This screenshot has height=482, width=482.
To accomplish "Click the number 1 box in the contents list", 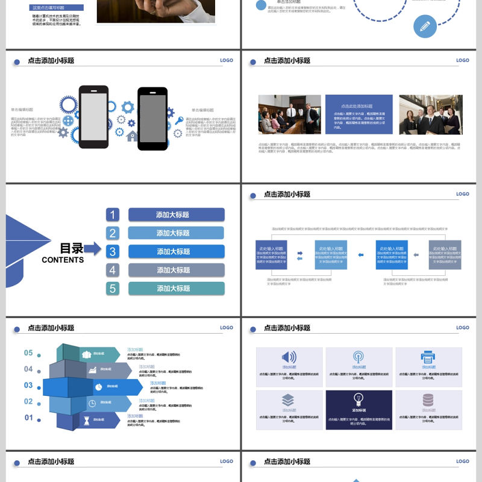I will tap(113, 214).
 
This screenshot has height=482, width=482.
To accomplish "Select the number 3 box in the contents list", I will tap(113, 251).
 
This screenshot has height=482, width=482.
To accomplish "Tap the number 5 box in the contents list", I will tap(113, 288).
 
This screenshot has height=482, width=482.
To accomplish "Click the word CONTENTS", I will tap(63, 260).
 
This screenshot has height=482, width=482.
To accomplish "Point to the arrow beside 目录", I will tap(92, 248).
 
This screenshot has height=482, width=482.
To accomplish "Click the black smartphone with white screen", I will tap(93, 116).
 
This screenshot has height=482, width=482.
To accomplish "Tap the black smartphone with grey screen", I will tap(152, 118).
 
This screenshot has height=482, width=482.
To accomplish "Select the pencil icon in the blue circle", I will tap(425, 26).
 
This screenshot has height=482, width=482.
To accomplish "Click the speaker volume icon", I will tap(289, 357).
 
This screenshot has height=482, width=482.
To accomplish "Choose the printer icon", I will tap(428, 357).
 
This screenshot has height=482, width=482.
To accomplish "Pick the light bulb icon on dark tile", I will tap(358, 399).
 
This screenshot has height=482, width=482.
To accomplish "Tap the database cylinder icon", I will tap(428, 399).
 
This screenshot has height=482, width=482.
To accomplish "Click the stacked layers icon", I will tap(288, 399).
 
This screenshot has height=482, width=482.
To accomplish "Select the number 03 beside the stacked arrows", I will tap(28, 385).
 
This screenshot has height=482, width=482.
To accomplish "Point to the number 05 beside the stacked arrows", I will tap(28, 352).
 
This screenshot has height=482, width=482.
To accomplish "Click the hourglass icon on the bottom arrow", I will tap(87, 421).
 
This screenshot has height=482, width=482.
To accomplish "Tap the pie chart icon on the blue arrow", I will tap(98, 386).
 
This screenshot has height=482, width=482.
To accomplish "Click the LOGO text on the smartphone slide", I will tap(226, 60).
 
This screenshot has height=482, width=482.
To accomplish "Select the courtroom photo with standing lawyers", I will tap(290, 114).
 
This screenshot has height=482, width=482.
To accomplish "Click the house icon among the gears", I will tap(132, 136).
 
